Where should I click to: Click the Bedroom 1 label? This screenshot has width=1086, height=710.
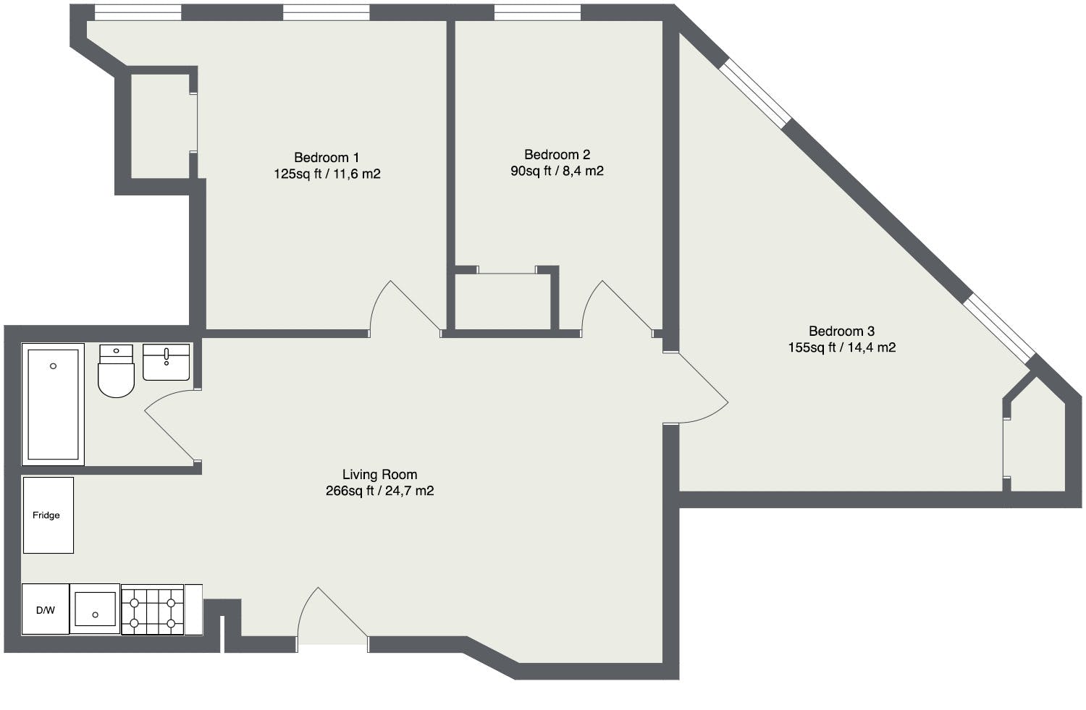tap(327, 158)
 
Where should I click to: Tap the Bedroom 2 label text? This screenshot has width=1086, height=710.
tap(557, 155)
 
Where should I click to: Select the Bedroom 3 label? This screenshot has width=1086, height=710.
tap(841, 331)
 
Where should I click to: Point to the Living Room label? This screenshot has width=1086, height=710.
tap(379, 475)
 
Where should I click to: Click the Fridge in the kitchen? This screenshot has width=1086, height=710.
tap(49, 515)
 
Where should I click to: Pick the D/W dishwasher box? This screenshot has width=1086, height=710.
tap(46, 609)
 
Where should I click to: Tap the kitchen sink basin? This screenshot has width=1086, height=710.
tap(95, 609)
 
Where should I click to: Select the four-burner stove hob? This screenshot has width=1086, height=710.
tap(152, 609)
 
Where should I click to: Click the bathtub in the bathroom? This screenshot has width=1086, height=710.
tap(53, 404)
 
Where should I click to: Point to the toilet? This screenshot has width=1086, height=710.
tap(116, 371)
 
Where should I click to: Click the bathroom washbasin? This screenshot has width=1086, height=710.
tap(167, 362)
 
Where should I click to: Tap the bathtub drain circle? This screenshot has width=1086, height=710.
tap(54, 366)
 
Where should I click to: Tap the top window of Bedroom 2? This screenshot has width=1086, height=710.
tap(538, 12)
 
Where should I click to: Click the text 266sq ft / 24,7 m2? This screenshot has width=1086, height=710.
tap(379, 491)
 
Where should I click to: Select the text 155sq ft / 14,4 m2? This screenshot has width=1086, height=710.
tap(841, 347)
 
